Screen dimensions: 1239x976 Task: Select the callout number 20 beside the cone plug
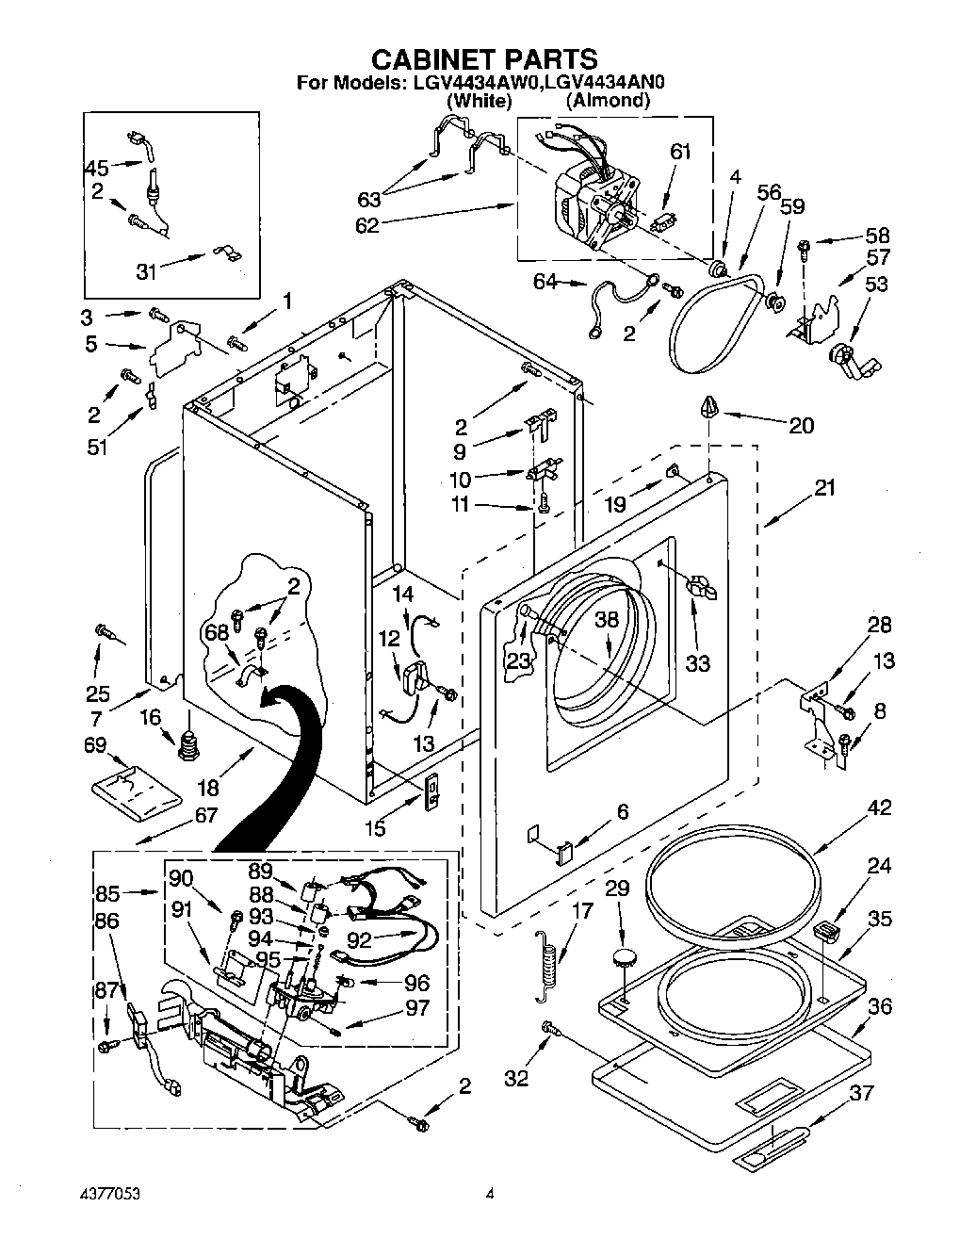pyautogui.click(x=801, y=425)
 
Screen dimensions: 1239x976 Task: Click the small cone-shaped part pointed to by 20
pyautogui.click(x=711, y=407)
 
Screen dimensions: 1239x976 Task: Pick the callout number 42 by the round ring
pyautogui.click(x=878, y=807)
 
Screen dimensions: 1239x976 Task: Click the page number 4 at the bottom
pyautogui.click(x=489, y=1195)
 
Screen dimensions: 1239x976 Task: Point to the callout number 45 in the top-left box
pyautogui.click(x=97, y=168)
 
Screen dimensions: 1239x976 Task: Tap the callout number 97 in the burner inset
pyautogui.click(x=416, y=1007)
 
